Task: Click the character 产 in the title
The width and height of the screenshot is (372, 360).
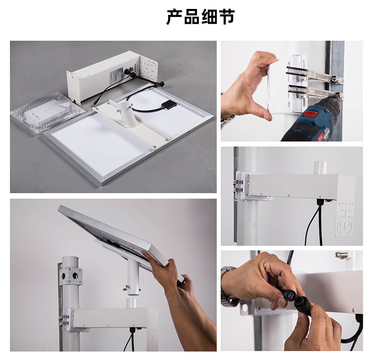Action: click(175, 17)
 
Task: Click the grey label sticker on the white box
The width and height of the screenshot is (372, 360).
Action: click(114, 75)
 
